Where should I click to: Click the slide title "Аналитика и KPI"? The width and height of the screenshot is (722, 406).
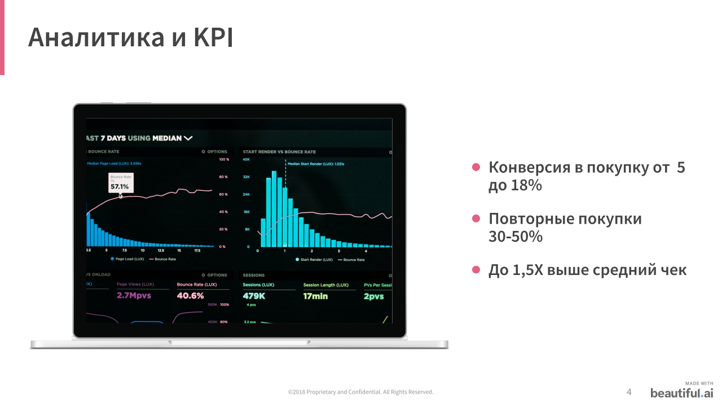click(x=130, y=37)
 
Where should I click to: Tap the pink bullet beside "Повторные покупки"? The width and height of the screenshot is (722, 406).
click(x=476, y=219)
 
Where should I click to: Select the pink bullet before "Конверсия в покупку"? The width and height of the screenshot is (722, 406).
click(x=476, y=167)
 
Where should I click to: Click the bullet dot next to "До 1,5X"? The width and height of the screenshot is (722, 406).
click(x=476, y=270)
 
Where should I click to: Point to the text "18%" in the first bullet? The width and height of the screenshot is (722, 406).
click(x=527, y=185)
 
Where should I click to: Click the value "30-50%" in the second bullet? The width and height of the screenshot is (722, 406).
click(x=516, y=236)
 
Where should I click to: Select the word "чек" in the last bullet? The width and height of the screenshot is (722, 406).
click(x=673, y=270)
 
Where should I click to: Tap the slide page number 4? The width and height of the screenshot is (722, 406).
click(x=629, y=392)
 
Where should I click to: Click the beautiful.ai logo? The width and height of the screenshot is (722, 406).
click(x=681, y=392)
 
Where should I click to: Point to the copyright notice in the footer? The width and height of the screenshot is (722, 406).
click(x=361, y=392)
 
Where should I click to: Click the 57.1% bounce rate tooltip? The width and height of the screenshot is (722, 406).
click(x=121, y=184)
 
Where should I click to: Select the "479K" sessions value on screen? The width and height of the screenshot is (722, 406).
click(x=254, y=296)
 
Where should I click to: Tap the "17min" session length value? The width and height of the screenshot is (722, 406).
click(x=315, y=296)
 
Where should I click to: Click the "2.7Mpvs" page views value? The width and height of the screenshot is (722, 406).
click(x=134, y=295)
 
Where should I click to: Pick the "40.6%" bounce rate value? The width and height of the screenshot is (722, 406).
click(x=190, y=295)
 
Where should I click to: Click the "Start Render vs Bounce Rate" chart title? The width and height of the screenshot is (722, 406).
click(x=279, y=152)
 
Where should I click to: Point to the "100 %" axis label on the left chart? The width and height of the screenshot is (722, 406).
click(x=223, y=159)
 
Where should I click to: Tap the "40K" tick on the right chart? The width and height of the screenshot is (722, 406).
click(x=246, y=159)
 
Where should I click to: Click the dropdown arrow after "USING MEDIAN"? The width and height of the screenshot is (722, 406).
click(x=188, y=138)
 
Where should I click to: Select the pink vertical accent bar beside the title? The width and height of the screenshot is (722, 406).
click(x=2, y=37)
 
